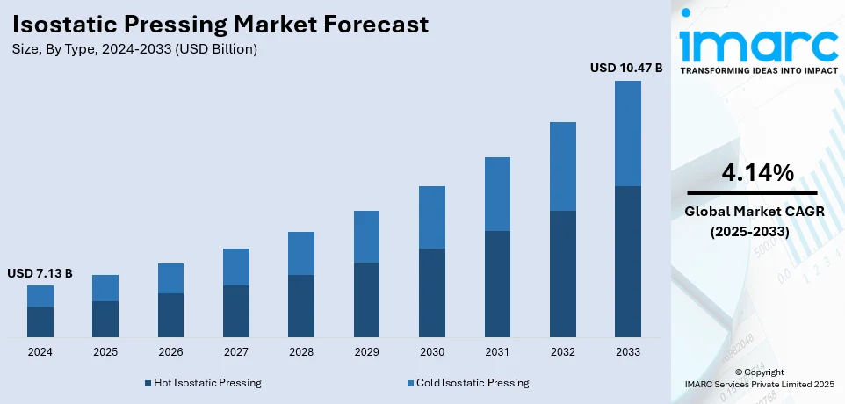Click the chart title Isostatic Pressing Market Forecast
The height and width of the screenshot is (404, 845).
click(x=220, y=24)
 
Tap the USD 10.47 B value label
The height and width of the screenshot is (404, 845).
click(x=626, y=67)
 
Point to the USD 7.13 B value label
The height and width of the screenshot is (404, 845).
click(x=40, y=273)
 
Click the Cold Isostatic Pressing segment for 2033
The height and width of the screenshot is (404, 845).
click(x=627, y=133)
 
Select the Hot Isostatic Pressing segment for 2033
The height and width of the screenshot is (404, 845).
click(x=627, y=262)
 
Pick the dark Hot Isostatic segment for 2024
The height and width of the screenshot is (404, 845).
click(x=40, y=321)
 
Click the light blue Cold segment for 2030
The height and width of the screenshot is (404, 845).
click(x=432, y=217)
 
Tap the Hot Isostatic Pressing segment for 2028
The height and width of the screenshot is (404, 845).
click(x=301, y=306)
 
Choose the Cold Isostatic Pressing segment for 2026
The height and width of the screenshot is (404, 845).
click(x=170, y=278)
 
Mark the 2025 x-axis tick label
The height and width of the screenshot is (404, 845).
click(x=105, y=351)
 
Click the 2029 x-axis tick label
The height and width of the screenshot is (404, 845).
click(x=366, y=351)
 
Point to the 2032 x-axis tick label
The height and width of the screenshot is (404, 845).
click(x=562, y=351)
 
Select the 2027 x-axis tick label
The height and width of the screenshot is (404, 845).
click(x=235, y=351)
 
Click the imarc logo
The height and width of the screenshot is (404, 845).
click(x=758, y=45)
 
